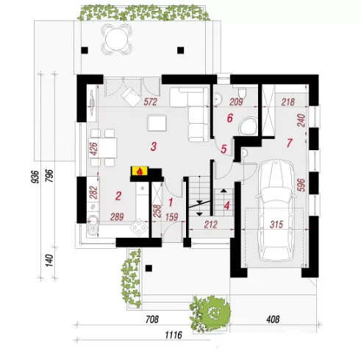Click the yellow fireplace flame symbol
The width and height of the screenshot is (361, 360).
140,171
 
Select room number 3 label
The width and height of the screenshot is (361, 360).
154,147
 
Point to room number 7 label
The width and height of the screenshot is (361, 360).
290,143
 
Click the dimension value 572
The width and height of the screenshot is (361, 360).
150,102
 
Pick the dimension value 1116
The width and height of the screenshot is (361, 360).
174,335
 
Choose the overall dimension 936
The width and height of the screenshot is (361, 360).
36,177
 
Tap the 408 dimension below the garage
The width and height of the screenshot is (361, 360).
273,320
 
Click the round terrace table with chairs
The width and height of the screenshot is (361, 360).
117,39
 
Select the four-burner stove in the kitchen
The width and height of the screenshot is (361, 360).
139,228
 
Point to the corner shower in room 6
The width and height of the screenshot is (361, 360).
249,126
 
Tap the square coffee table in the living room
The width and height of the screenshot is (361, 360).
157,123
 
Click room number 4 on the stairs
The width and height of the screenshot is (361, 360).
227,205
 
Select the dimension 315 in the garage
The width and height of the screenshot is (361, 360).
276,225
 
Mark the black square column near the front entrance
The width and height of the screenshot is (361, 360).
149,268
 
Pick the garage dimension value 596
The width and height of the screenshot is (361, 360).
301,185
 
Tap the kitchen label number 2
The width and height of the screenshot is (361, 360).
118,197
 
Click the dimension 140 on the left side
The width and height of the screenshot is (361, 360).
49,261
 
